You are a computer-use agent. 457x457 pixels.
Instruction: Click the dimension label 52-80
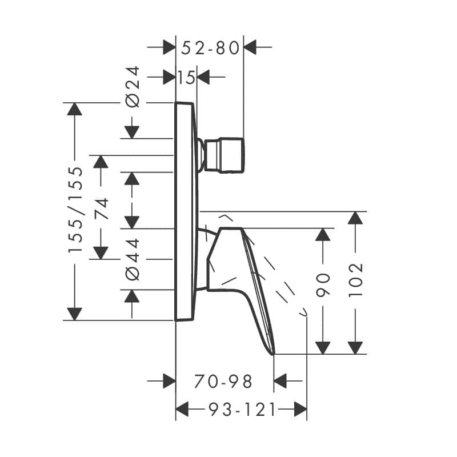[210, 48]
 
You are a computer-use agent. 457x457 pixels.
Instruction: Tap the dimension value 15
[186, 78]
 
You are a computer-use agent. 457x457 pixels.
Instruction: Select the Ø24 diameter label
[133, 87]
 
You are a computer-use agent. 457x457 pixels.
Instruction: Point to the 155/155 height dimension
[76, 210]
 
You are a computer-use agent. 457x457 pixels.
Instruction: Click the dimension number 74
[101, 209]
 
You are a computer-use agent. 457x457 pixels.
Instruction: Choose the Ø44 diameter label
[133, 259]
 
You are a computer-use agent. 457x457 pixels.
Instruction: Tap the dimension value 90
[323, 285]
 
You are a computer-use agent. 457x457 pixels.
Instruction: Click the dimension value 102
[355, 280]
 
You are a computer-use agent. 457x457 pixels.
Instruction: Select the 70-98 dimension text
[223, 381]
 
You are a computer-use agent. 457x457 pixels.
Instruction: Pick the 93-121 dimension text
[242, 410]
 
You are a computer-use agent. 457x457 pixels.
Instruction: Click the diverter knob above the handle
[224, 155]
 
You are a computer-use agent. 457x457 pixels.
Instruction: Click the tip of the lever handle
[274, 354]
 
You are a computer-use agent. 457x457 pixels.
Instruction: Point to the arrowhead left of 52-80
[169, 47]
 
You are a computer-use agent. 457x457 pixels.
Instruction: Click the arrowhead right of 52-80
[250, 47]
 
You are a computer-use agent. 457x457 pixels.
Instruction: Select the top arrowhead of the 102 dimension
[355, 218]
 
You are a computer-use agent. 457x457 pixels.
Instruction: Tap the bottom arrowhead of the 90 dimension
[323, 348]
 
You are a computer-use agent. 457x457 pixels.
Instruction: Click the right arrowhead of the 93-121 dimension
[300, 409]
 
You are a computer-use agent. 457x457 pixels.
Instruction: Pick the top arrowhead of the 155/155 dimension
[74, 109]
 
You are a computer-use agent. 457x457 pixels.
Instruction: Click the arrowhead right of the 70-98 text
[280, 380]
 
